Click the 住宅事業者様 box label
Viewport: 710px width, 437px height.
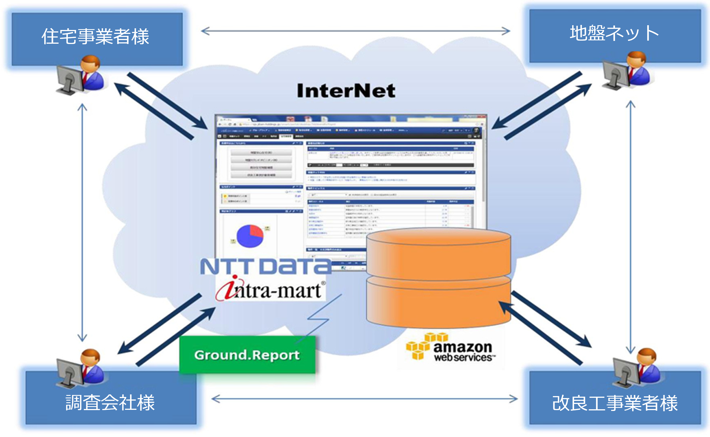click(95, 36)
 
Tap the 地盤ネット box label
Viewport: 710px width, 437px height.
click(614, 33)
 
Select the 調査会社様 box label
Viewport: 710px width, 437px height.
click(110, 402)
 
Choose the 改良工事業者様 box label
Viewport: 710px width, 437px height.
click(615, 403)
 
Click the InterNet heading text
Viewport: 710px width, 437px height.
click(346, 91)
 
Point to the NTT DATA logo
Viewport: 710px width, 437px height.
click(265, 266)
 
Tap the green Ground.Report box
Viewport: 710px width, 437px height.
click(247, 355)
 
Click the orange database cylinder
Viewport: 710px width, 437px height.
click(438, 277)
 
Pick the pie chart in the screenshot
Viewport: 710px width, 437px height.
click(250, 236)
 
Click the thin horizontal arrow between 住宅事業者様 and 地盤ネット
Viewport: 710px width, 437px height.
click(355, 31)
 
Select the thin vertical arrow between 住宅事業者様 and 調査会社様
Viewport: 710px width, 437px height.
click(82, 222)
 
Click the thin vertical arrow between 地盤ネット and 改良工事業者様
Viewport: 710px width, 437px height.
click(630, 227)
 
